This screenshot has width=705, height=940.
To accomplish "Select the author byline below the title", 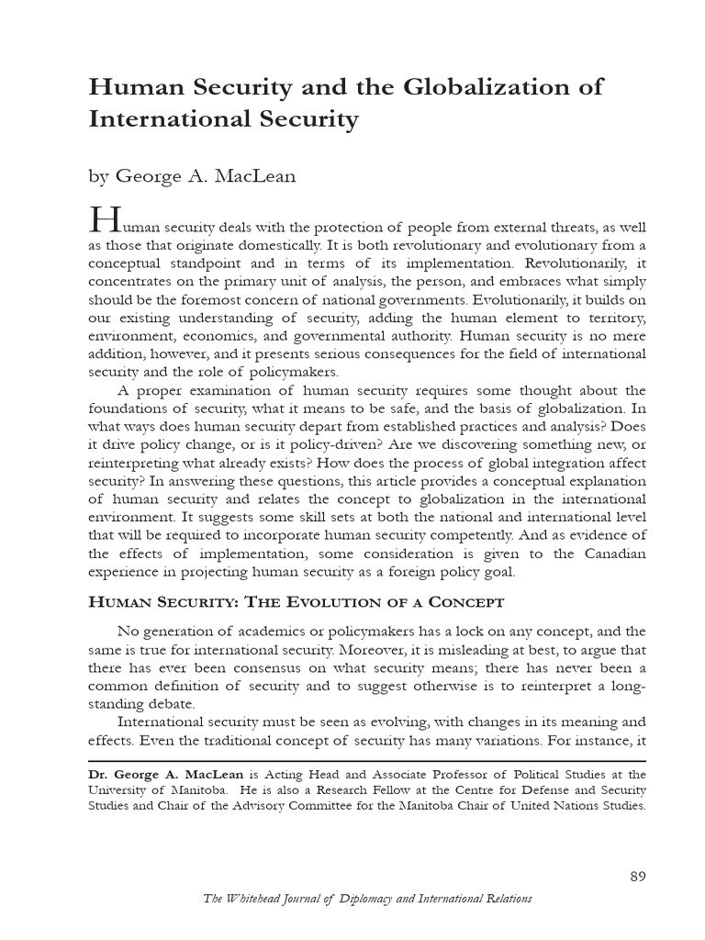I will click(192, 176).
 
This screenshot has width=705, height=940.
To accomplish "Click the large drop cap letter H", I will click(104, 220).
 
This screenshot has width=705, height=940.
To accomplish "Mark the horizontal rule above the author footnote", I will click(367, 761).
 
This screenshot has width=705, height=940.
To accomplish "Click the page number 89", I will click(638, 876).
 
